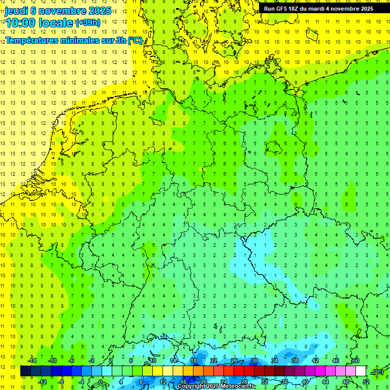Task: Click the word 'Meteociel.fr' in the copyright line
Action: coord(238,386)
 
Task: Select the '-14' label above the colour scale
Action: coord(32,361)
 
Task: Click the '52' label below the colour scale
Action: coord(366,382)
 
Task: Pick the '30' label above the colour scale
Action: coord(254,361)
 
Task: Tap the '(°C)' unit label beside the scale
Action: coord(378,372)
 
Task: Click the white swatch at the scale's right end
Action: coord(361,371)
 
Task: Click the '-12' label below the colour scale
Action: coord(43,382)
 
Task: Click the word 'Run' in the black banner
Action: coord(269,9)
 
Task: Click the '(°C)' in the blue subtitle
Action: coord(135,41)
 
